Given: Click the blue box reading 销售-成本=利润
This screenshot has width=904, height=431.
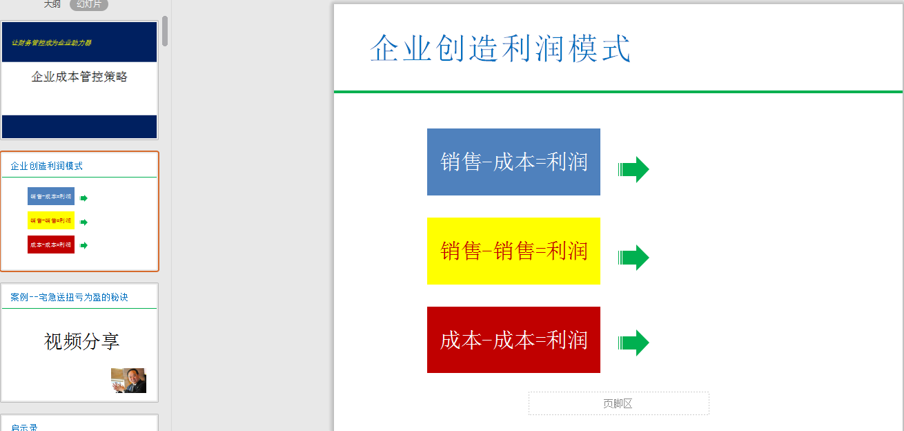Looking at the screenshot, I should click(x=513, y=162).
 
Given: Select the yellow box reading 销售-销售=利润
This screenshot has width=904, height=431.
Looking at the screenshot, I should click(x=513, y=251).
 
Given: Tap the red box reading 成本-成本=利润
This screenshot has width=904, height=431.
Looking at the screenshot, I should click(x=513, y=340).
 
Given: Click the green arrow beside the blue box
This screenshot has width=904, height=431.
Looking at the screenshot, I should click(x=633, y=169).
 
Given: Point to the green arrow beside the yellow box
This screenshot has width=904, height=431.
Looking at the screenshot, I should click(x=633, y=258).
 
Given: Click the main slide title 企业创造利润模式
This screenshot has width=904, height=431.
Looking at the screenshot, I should click(x=500, y=49).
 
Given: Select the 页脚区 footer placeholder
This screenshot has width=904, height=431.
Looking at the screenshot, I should click(x=618, y=404).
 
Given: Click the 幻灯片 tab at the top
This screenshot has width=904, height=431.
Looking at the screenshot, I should click(x=89, y=4).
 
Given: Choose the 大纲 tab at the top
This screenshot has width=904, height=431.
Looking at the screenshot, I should click(x=52, y=4).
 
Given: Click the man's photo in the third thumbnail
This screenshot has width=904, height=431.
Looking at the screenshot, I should click(x=128, y=381).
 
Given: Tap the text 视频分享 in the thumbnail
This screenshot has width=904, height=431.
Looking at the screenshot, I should click(x=81, y=341).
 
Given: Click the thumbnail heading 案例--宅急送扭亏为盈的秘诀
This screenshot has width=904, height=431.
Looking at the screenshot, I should click(x=69, y=298).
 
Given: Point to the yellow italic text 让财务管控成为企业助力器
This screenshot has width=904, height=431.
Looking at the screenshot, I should click(x=52, y=43).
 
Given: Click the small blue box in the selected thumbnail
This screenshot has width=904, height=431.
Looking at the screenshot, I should click(x=51, y=196).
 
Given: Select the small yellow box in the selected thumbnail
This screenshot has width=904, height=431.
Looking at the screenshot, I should click(x=51, y=220).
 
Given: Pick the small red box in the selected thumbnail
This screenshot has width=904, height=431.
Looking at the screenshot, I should click(x=51, y=245).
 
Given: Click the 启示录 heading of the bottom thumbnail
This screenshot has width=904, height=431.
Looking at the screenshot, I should click(x=24, y=427).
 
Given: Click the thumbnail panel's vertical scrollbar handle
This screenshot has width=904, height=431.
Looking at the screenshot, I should click(x=165, y=31).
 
